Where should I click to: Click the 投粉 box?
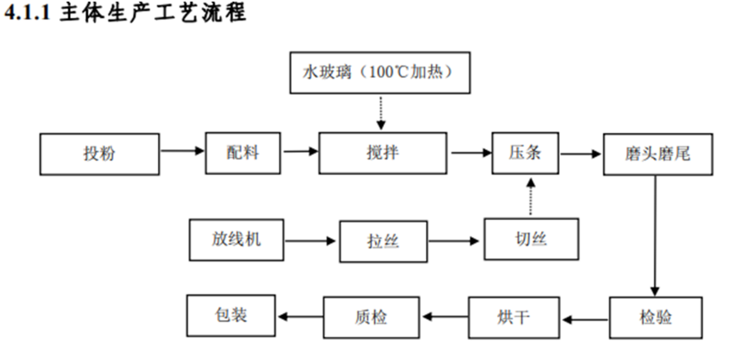tap(100, 154)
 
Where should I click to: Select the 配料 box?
tap(242, 154)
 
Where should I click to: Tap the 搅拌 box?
tap(382, 154)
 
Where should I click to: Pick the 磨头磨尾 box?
tap(657, 154)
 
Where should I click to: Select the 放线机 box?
tap(236, 240)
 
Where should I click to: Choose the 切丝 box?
tap(530, 240)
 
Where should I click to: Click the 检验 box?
tap(655, 318)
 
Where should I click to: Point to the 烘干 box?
tap(514, 318)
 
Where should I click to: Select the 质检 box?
tap(370, 318)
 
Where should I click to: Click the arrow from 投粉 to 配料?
tap(182, 153)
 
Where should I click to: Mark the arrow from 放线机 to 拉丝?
tap(311, 241)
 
